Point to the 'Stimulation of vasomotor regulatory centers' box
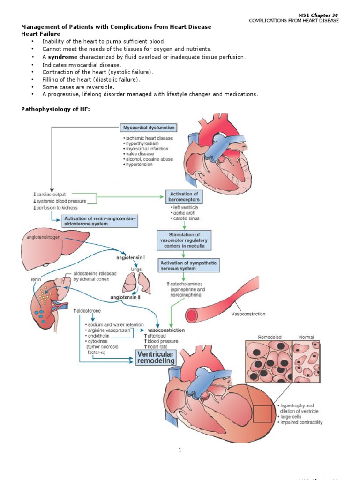tap(184, 240)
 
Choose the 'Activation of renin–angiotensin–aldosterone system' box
tap(100, 221)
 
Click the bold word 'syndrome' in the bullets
tap(63, 57)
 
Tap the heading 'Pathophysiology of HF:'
tap(55, 109)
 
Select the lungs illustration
tap(135, 284)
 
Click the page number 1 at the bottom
tap(180, 450)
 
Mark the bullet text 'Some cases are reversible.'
tap(78, 87)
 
